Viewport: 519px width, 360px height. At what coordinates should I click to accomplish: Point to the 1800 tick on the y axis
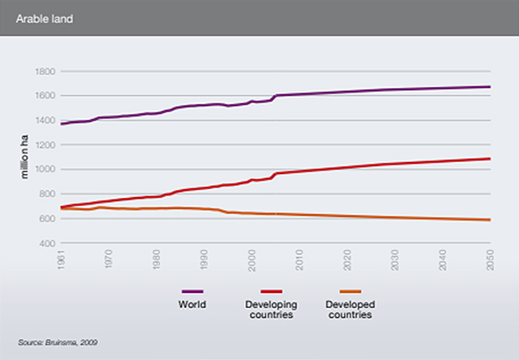pos(44,71)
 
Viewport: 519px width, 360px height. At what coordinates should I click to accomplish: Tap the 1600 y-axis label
pos(44,96)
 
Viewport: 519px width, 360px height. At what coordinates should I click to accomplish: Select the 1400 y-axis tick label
pos(44,121)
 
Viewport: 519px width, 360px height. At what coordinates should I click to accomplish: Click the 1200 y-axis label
pos(44,145)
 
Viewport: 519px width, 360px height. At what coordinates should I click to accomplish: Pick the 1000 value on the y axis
pos(44,169)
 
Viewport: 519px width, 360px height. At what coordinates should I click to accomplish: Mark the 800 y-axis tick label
pos(46,194)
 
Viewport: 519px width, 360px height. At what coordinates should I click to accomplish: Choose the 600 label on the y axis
pos(46,219)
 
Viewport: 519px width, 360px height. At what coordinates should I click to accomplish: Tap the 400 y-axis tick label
pos(46,243)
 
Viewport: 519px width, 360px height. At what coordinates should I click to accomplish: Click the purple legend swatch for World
pos(192,292)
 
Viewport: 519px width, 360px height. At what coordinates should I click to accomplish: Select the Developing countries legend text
pos(270,309)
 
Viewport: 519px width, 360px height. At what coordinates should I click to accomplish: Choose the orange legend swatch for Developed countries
pos(351,292)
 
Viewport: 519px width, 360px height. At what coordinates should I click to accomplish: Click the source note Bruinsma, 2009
pos(57,342)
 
